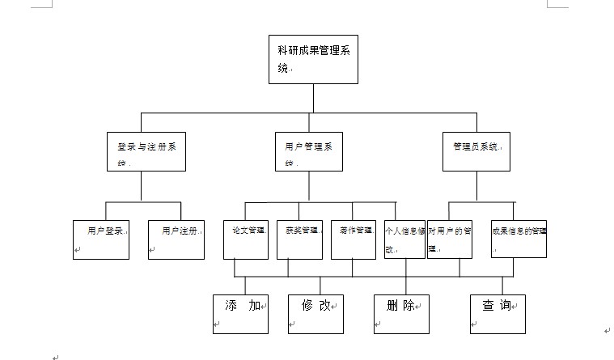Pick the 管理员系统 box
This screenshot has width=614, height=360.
(x=476, y=151)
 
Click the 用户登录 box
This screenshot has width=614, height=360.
(x=101, y=239)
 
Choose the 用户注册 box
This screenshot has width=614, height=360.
(x=176, y=239)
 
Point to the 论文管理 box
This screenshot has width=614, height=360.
(x=245, y=239)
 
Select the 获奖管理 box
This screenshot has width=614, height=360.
(x=299, y=239)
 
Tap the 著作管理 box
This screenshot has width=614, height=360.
(x=353, y=239)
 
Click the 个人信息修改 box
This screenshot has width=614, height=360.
(x=405, y=239)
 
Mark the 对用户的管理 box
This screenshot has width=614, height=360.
(x=449, y=239)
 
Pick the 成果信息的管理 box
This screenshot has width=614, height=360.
(x=519, y=239)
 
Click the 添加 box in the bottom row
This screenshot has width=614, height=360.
(x=240, y=313)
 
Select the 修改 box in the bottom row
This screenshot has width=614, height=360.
(x=315, y=313)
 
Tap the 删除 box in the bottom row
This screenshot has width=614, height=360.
(x=401, y=313)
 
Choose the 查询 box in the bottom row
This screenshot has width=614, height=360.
(x=498, y=313)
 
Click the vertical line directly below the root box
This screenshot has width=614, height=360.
(x=313, y=97)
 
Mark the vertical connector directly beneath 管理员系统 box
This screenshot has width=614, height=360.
(x=476, y=186)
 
